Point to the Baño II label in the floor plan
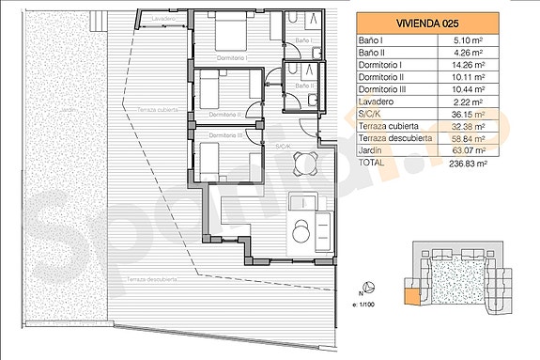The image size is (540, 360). tap(302, 86)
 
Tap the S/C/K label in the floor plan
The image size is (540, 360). tap(282, 146)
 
